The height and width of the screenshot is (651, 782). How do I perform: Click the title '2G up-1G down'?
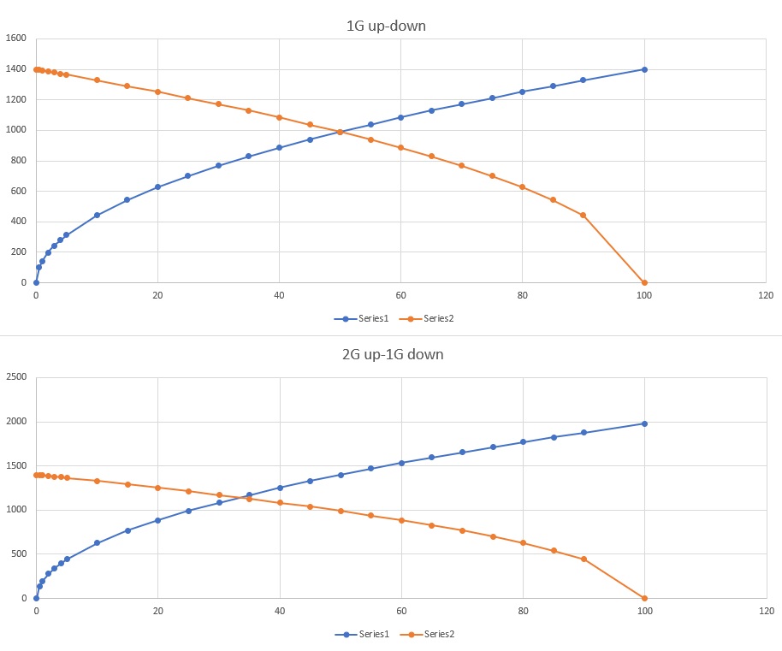click(392, 354)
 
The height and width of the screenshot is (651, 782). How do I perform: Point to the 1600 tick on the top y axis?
click(16, 38)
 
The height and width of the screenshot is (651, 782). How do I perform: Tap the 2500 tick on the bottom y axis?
click(16, 377)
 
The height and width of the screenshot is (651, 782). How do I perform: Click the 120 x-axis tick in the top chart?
click(765, 295)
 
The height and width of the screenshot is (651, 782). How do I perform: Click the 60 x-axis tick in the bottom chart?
click(401, 611)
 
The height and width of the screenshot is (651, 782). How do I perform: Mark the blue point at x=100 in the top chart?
click(644, 69)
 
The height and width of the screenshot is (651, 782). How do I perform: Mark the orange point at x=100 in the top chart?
click(644, 282)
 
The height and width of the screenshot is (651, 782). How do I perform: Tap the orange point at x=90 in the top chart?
click(584, 215)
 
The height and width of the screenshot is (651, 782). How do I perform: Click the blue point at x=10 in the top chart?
click(97, 215)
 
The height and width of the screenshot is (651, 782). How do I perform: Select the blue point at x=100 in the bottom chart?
click(644, 423)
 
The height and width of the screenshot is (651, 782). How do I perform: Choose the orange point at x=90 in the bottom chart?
click(584, 559)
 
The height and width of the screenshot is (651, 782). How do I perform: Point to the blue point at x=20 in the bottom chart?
click(157, 520)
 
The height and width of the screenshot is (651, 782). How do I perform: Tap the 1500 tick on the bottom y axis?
click(16, 465)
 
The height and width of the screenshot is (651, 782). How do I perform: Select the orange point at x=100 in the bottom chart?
click(644, 598)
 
